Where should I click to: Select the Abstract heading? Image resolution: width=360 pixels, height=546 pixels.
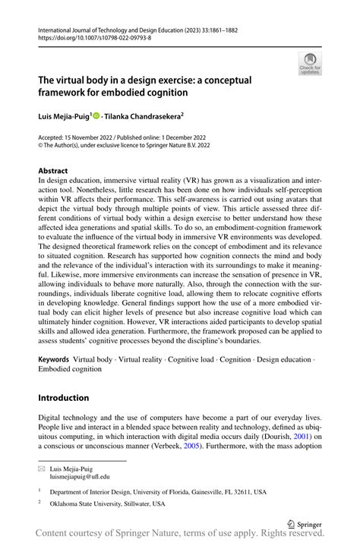pyautogui.click(x=54, y=171)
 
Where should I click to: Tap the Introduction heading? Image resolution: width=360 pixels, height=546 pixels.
pyautogui.click(x=64, y=397)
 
